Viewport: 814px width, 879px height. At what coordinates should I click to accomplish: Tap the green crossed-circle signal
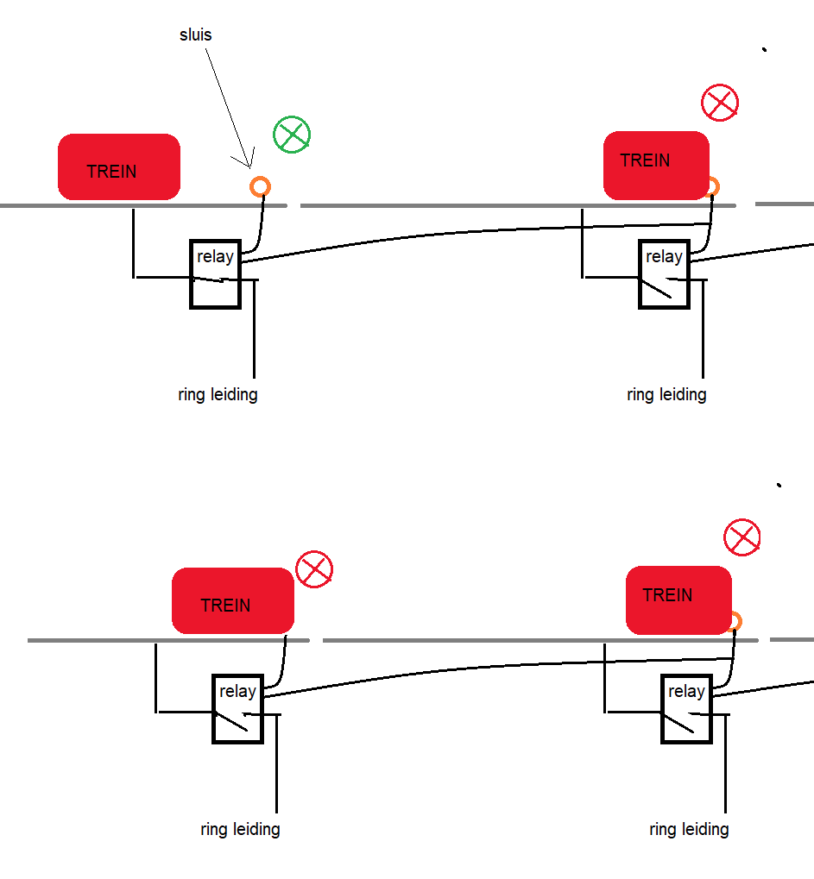[292, 135]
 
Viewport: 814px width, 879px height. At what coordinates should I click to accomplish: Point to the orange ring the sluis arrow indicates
[259, 185]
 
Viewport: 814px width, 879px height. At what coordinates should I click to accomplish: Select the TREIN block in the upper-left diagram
[119, 166]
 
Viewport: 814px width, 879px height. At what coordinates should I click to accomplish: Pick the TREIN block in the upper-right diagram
[656, 165]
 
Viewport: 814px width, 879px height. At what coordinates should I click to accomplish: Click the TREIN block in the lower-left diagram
[233, 600]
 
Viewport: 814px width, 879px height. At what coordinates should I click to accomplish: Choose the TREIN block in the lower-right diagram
[678, 600]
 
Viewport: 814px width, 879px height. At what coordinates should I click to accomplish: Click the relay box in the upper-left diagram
[215, 274]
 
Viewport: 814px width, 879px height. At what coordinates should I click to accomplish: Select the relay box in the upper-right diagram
[664, 274]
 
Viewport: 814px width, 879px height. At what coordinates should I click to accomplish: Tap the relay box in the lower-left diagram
[237, 709]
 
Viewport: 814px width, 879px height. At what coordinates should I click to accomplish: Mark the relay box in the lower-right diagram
[686, 709]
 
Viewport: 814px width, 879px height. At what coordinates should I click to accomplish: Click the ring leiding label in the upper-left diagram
[218, 395]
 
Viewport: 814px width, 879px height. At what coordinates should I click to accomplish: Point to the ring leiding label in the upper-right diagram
[666, 395]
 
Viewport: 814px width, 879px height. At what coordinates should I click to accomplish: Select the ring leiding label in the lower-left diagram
[240, 830]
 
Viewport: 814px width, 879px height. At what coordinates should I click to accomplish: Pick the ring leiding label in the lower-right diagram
[689, 830]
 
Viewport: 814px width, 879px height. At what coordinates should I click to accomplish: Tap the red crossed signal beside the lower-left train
[314, 570]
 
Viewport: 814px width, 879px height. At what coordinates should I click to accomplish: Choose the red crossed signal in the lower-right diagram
[742, 538]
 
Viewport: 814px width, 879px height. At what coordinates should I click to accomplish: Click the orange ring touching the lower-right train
[735, 620]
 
